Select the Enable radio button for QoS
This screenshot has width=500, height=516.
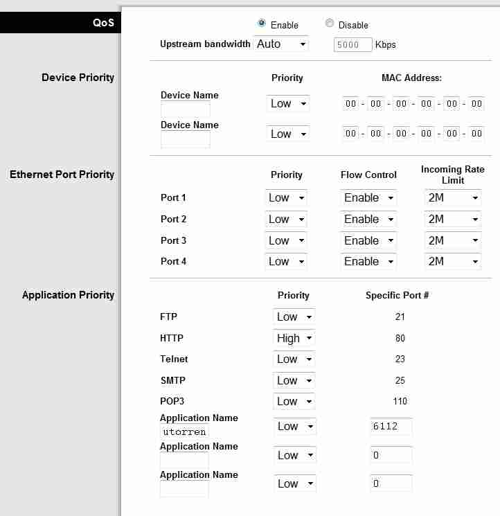(x=261, y=24)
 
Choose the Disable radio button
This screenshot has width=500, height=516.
(x=330, y=24)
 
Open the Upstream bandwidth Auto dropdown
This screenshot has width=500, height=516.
(x=280, y=44)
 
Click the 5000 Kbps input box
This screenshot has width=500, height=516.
(x=352, y=45)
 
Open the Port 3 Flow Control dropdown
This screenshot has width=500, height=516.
(x=368, y=241)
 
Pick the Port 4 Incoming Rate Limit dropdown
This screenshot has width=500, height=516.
(x=452, y=262)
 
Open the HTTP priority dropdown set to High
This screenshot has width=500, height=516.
(x=294, y=339)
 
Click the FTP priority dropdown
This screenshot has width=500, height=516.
(x=294, y=317)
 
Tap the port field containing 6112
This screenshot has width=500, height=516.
(x=391, y=427)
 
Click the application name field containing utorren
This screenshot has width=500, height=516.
(x=184, y=432)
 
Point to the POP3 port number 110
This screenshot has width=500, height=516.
(x=399, y=402)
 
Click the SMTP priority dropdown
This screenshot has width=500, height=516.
(x=294, y=381)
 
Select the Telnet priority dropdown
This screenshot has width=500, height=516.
(x=294, y=359)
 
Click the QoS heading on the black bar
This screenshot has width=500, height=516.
(x=103, y=23)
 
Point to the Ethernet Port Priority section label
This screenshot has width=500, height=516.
(x=62, y=175)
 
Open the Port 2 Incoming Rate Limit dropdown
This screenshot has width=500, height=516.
(x=452, y=220)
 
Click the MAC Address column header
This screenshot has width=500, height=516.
(x=411, y=78)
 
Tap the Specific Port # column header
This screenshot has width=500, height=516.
(x=397, y=296)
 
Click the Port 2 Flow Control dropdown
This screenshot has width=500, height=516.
(x=368, y=220)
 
